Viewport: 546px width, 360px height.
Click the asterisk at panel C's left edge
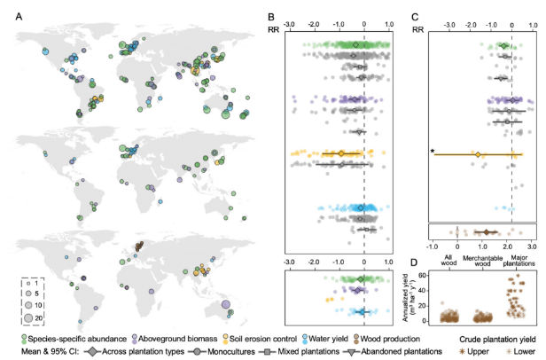click(432, 152)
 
